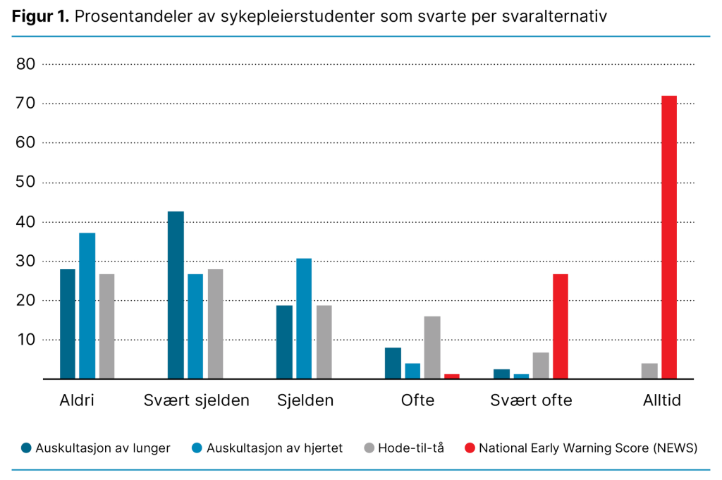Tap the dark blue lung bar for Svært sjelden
click(176, 295)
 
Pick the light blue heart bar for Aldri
click(87, 306)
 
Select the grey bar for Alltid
click(649, 371)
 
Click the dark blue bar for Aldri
click(68, 324)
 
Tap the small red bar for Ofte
click(452, 376)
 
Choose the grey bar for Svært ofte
click(541, 366)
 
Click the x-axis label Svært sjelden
click(196, 400)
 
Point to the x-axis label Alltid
click(661, 400)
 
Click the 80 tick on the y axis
click(25, 64)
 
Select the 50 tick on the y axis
click(25, 183)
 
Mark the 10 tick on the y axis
click(25, 340)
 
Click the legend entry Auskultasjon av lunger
click(103, 448)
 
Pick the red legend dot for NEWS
click(470, 448)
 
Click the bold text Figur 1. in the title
click(39, 17)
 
